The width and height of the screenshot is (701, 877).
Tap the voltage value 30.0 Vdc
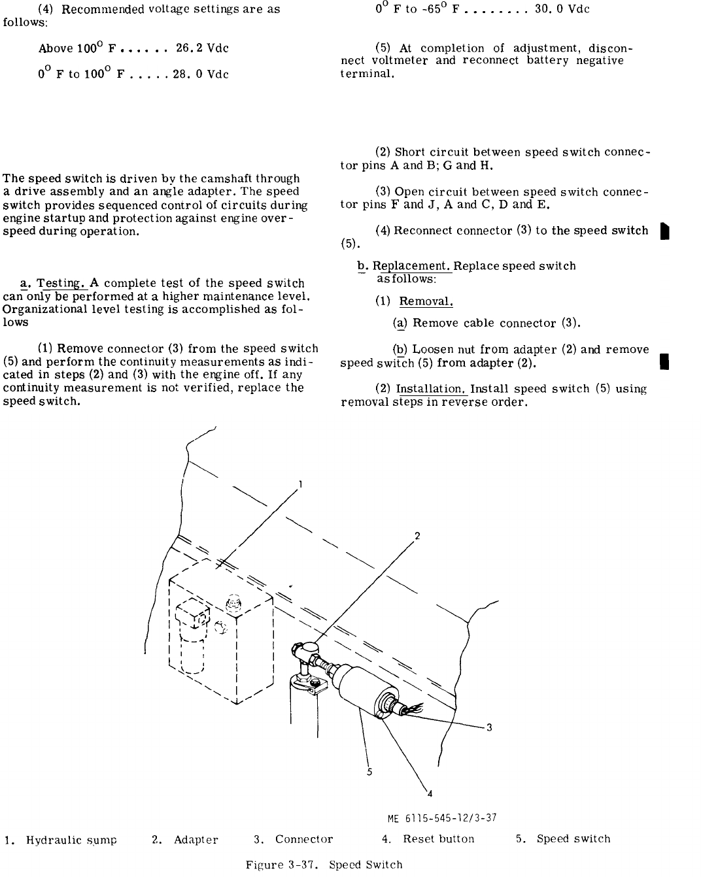(x=562, y=9)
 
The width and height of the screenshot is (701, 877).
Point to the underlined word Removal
(x=426, y=302)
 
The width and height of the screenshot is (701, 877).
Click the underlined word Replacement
(x=412, y=267)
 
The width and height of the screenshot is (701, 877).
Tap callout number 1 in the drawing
(x=299, y=484)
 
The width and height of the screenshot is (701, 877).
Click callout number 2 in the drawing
(x=417, y=537)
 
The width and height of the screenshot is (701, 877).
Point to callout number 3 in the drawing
(x=488, y=727)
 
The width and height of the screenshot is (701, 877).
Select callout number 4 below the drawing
(x=430, y=794)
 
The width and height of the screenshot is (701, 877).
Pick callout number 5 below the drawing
(x=369, y=772)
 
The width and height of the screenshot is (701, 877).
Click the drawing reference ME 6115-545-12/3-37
(x=442, y=818)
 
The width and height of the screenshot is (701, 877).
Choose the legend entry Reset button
(x=438, y=839)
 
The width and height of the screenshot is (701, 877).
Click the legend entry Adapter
(x=196, y=840)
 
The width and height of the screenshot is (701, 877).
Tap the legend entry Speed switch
(x=573, y=839)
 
